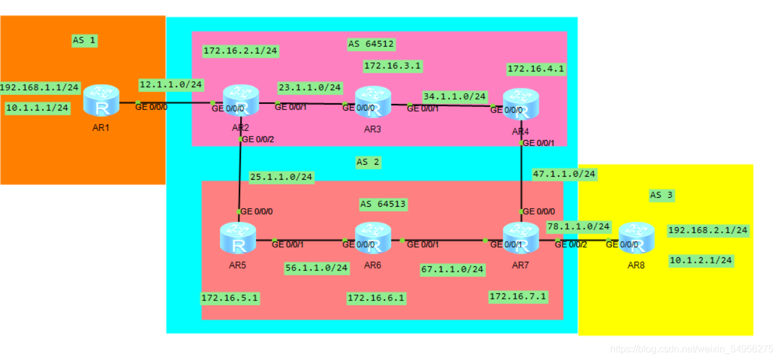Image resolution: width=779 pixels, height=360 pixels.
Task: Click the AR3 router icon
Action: (x=372, y=102)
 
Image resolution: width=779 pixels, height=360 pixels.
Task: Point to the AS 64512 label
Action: (x=371, y=44)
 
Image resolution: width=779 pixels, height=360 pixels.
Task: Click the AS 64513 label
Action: (x=383, y=204)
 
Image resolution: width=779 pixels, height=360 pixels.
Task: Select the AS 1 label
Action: (x=84, y=40)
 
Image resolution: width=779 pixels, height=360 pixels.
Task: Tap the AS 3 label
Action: (x=662, y=195)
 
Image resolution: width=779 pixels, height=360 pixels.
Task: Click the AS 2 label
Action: (x=368, y=162)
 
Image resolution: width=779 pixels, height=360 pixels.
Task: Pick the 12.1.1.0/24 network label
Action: (x=171, y=85)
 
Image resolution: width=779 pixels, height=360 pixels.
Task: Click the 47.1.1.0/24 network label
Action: (x=564, y=174)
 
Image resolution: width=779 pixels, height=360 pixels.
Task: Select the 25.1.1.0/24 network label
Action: (x=281, y=177)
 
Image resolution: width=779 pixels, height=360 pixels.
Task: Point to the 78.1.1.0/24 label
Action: (x=578, y=227)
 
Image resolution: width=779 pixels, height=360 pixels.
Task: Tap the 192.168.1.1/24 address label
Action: (x=40, y=88)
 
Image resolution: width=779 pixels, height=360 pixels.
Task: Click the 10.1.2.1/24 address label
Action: (x=701, y=260)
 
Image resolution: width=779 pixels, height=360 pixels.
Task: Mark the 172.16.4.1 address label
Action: (x=536, y=69)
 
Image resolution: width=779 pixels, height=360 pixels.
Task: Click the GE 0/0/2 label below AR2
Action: (x=257, y=139)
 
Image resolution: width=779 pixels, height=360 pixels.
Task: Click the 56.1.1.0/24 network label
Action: (x=317, y=267)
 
